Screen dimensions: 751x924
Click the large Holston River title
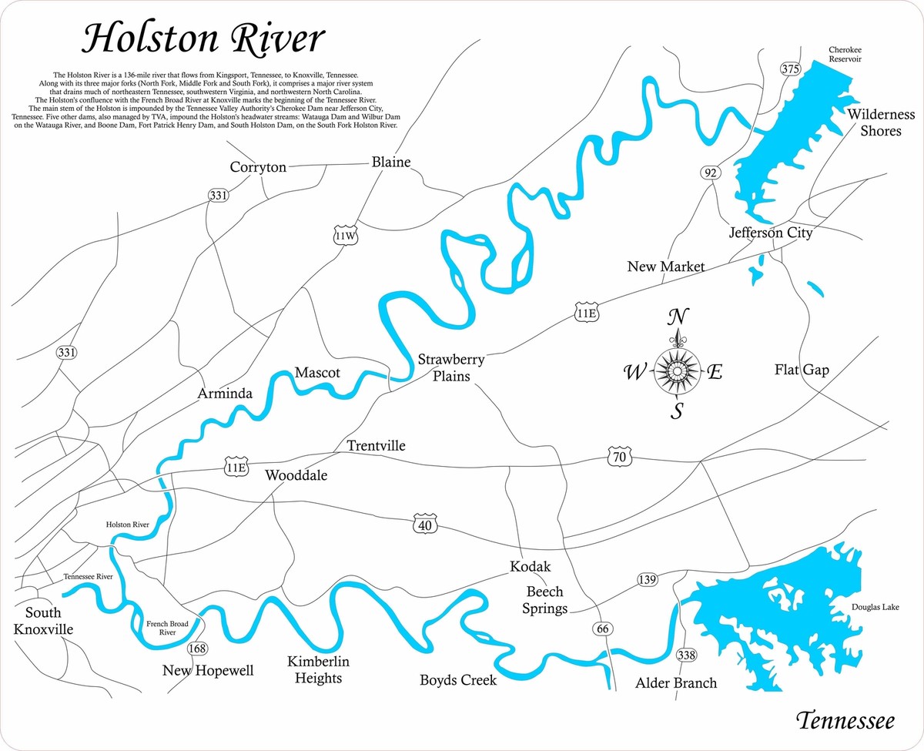click(204, 38)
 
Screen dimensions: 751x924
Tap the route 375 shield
click(790, 69)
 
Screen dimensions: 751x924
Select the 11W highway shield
click(346, 236)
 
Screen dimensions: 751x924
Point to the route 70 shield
click(620, 458)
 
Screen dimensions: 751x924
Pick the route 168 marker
click(196, 649)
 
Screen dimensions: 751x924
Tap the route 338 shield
click(685, 655)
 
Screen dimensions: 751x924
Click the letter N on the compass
click(677, 317)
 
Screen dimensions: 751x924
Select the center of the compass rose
click(677, 372)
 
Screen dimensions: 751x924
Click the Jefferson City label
click(771, 232)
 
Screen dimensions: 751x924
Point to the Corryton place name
click(258, 167)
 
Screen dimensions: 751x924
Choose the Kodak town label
click(531, 567)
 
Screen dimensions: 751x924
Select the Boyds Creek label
click(458, 680)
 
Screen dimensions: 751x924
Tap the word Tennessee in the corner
click(845, 722)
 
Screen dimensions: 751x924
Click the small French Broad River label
click(166, 627)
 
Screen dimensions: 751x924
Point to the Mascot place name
click(317, 373)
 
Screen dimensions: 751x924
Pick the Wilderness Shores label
click(882, 122)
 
